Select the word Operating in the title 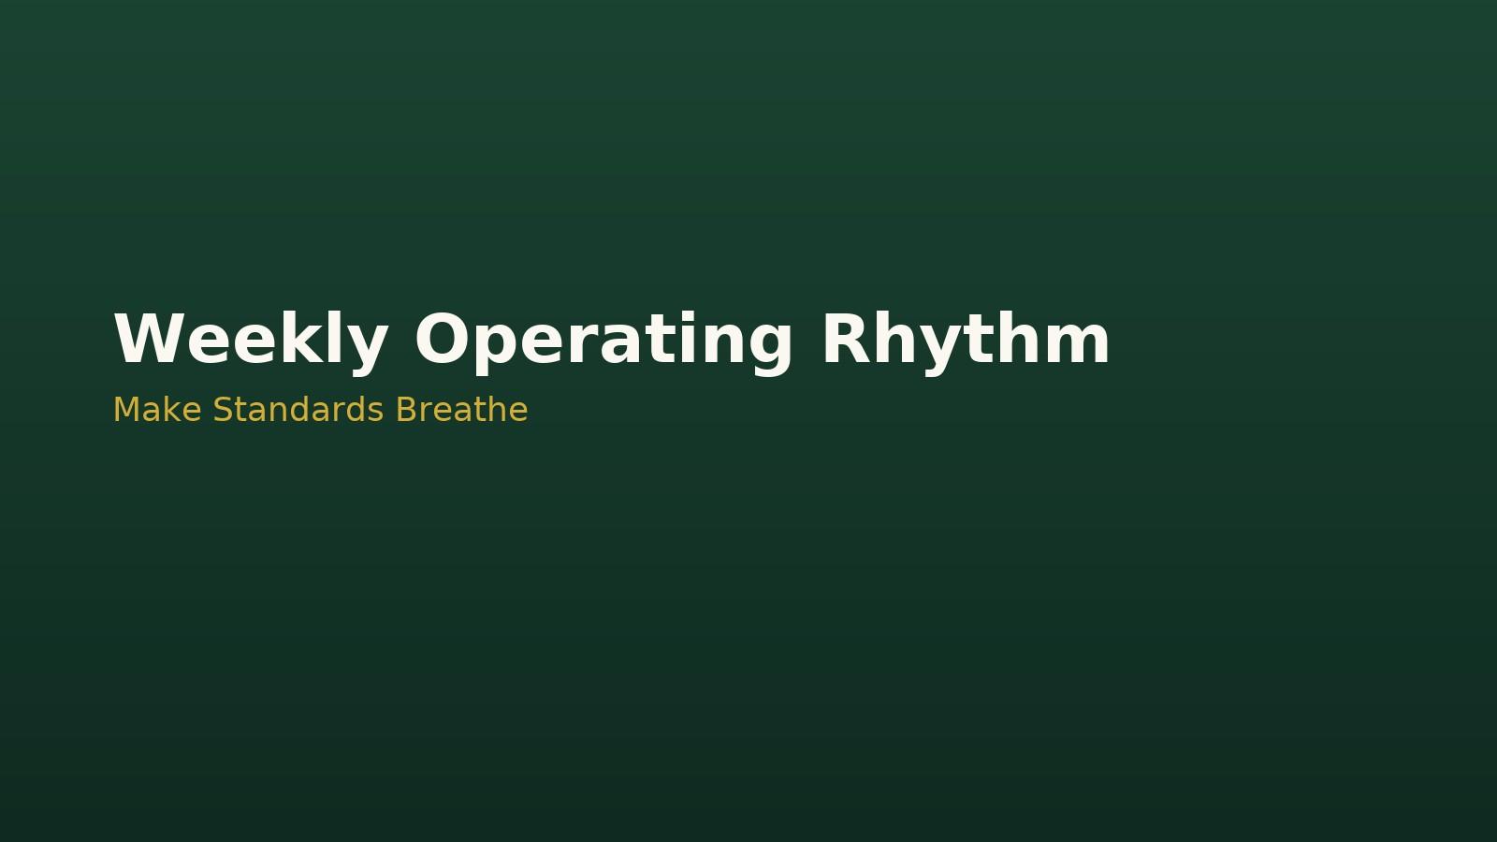pyautogui.click(x=604, y=339)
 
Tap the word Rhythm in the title pyautogui.click(x=967, y=339)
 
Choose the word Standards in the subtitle pyautogui.click(x=298, y=410)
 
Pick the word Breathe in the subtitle pyautogui.click(x=462, y=410)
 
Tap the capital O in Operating pyautogui.click(x=442, y=339)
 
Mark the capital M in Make pyautogui.click(x=124, y=410)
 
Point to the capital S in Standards pyautogui.click(x=223, y=410)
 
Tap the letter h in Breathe pyautogui.click(x=496, y=410)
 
